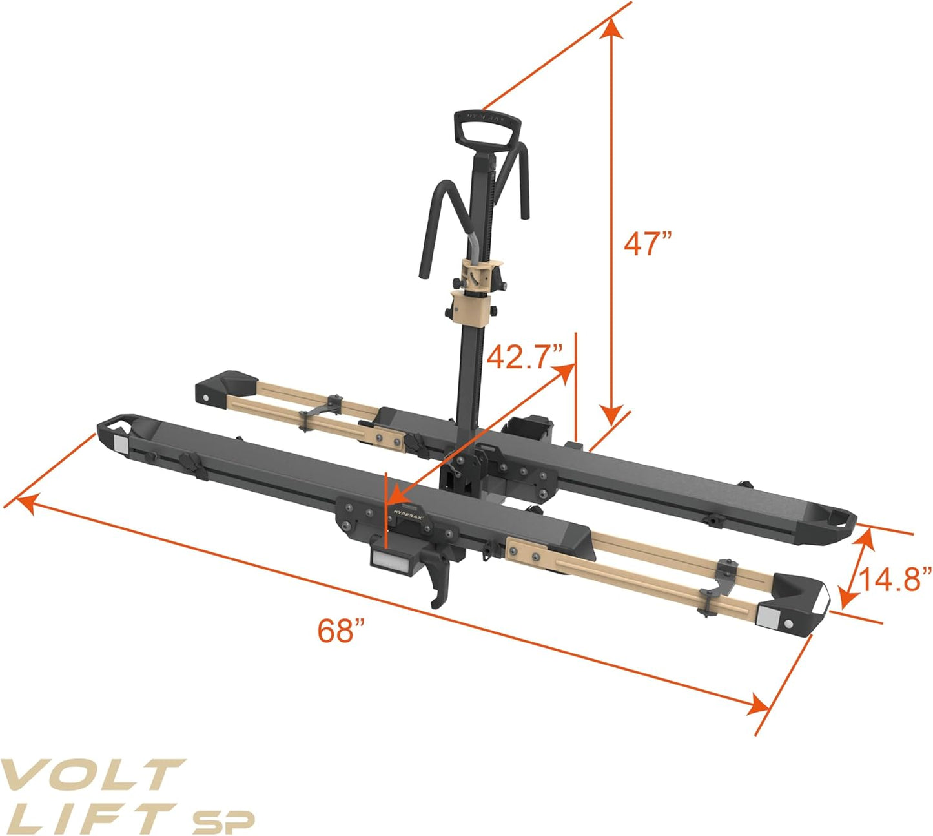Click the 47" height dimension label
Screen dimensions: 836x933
pyautogui.click(x=648, y=244)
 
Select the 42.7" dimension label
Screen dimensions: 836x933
pyautogui.click(x=525, y=356)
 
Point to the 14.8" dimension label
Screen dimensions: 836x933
pyautogui.click(x=895, y=579)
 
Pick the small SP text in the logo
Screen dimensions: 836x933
pyautogui.click(x=223, y=821)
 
